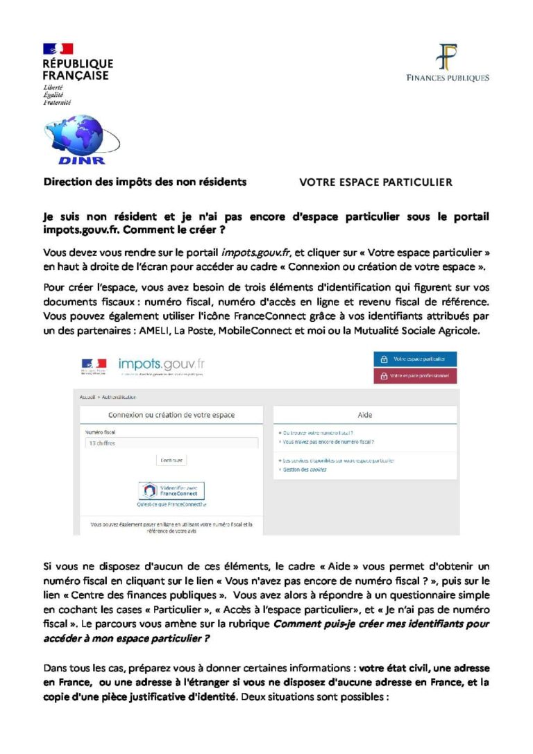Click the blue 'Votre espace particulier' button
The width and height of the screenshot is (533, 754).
[x=415, y=359]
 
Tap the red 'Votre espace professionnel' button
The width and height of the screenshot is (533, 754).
[x=415, y=375]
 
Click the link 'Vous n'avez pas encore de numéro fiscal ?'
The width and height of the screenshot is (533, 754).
[x=327, y=441]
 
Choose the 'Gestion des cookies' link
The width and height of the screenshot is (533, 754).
[x=305, y=469]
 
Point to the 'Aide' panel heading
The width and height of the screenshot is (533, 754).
[x=365, y=415]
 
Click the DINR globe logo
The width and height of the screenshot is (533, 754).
[x=72, y=138]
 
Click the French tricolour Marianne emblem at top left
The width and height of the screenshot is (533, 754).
[x=58, y=49]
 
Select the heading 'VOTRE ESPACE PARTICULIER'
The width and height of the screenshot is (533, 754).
[x=375, y=182]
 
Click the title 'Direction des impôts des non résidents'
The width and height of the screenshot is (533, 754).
[x=145, y=182]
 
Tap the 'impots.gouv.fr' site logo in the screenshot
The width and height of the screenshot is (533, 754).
[x=162, y=364]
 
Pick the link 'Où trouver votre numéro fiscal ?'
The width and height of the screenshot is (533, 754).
[x=315, y=432]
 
